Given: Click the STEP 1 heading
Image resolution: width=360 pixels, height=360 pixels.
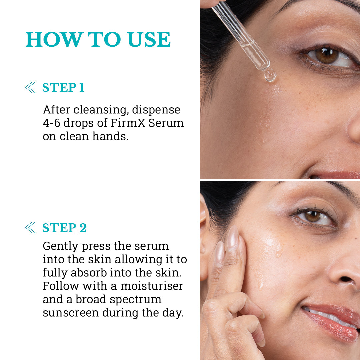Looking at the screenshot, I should pyautogui.click(x=63, y=88).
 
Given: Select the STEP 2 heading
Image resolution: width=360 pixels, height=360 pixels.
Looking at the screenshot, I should pyautogui.click(x=64, y=228).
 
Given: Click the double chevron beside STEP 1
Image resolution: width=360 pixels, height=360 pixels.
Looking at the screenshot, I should pyautogui.click(x=30, y=88).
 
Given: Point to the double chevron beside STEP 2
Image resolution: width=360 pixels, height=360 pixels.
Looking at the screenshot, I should pyautogui.click(x=30, y=228).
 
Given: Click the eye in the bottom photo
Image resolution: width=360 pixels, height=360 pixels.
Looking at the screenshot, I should pyautogui.click(x=313, y=216).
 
